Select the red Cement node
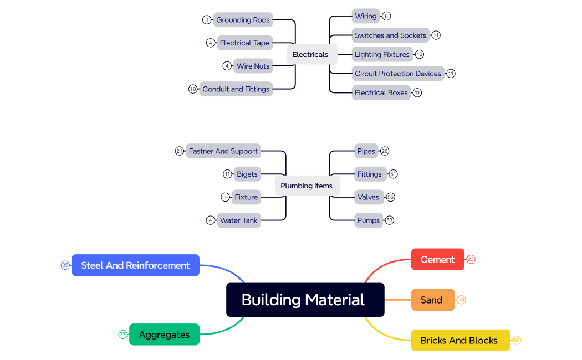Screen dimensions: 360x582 pos(437,259)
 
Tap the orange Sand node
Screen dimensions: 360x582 pos(432,300)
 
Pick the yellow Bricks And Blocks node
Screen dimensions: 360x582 pos(460,340)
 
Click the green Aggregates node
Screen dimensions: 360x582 pos(164,335)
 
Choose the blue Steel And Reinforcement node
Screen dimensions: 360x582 pos(135,265)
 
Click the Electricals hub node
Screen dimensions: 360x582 pos(310,54)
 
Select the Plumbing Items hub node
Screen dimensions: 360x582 pos(307,186)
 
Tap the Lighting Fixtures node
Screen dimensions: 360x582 pos(382,54)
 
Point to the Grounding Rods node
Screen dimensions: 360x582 pos(243,20)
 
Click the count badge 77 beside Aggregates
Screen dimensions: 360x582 pos(122,335)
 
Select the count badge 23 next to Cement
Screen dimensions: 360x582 pos(471,259)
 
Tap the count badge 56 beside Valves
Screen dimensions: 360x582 pos(390,197)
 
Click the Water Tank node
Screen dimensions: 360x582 pos(238,220)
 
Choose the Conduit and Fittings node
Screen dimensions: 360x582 pos(236,89)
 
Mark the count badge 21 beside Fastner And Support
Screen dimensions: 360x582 pos(179,151)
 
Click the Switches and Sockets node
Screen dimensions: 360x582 pos(390,35)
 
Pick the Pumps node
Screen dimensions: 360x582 pos(368,220)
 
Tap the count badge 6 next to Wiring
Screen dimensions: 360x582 pos(386,16)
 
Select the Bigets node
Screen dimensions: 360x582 pos(247,174)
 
